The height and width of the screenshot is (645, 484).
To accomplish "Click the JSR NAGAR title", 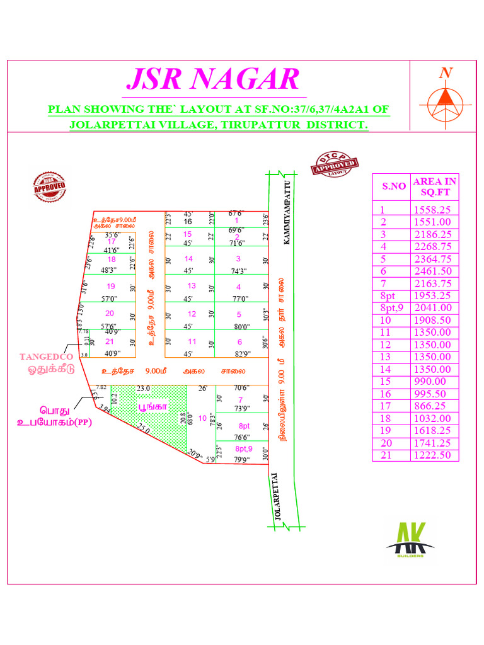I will [x=213, y=79].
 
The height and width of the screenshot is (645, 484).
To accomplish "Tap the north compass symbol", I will [x=446, y=99].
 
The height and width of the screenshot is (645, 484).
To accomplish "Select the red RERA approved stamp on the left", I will [x=50, y=187].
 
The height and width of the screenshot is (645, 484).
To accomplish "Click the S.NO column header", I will [x=391, y=186].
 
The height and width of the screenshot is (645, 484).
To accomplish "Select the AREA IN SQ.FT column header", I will [x=434, y=186].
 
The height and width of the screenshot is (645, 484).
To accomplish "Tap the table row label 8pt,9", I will [x=391, y=307].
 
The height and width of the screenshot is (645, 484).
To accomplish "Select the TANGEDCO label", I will [x=43, y=357].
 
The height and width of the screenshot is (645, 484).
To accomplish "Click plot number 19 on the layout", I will [x=111, y=285].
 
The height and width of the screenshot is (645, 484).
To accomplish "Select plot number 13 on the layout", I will [x=192, y=285].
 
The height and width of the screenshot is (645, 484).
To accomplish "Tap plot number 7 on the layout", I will [x=240, y=400].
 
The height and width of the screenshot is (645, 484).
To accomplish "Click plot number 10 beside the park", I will [x=202, y=418].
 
